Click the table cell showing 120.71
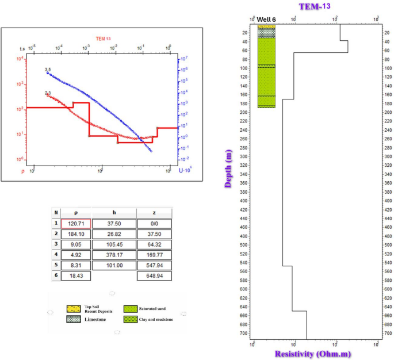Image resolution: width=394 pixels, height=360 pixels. click(76, 223)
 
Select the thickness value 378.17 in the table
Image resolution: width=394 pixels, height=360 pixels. click(114, 257)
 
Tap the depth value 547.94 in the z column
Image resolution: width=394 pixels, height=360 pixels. click(153, 268)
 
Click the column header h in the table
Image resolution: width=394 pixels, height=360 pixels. click(114, 212)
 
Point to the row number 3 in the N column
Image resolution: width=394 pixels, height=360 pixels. click(56, 246)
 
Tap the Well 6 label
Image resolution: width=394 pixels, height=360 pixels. click(266, 20)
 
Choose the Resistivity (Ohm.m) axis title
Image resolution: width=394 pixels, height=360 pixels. click(313, 354)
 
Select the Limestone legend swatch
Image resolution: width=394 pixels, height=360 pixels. click(72, 320)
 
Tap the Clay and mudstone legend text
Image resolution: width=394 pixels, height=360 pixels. click(156, 319)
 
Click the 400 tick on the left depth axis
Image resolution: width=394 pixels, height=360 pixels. click(244, 201)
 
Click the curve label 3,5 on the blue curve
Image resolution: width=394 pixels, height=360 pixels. click(48, 69)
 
